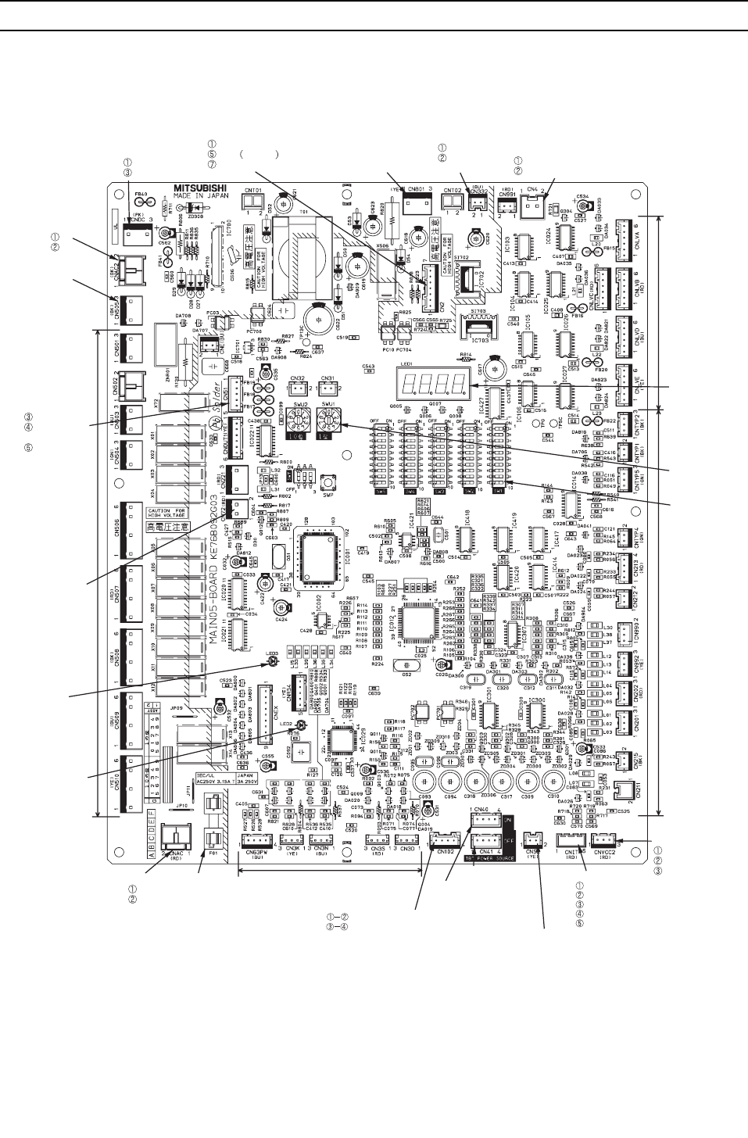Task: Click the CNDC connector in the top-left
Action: pyautogui.click(x=138, y=216)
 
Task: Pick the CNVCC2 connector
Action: pyautogui.click(x=604, y=841)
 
